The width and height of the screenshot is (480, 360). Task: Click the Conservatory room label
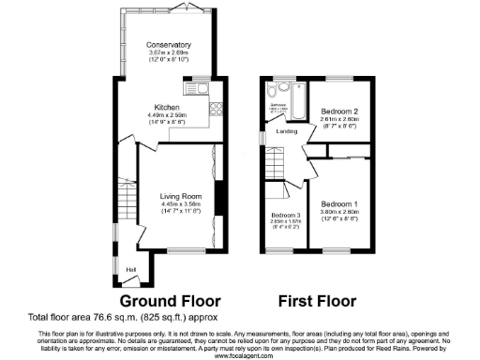tap(169, 44)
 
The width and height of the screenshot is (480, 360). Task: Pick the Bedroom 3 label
tap(279, 216)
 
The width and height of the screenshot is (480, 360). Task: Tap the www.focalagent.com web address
tap(240, 355)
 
